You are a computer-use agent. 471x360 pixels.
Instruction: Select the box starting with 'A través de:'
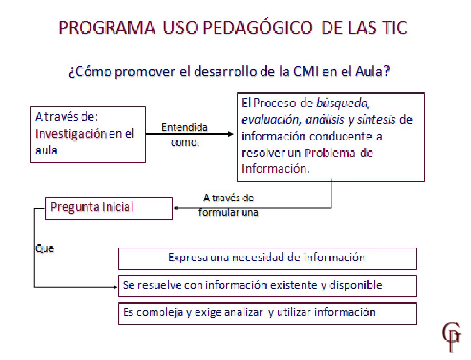click(x=88, y=135)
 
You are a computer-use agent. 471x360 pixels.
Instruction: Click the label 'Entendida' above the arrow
click(x=184, y=127)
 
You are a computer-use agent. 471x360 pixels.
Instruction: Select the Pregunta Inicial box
click(x=109, y=208)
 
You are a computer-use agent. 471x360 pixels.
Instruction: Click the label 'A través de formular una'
click(x=228, y=205)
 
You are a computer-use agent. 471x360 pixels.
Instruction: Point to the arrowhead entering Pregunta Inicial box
click(x=176, y=208)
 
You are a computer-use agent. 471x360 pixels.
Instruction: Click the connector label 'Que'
click(x=44, y=249)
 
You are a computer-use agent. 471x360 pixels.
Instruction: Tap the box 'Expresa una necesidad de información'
click(x=267, y=258)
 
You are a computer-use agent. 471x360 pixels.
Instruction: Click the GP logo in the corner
click(x=452, y=336)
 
